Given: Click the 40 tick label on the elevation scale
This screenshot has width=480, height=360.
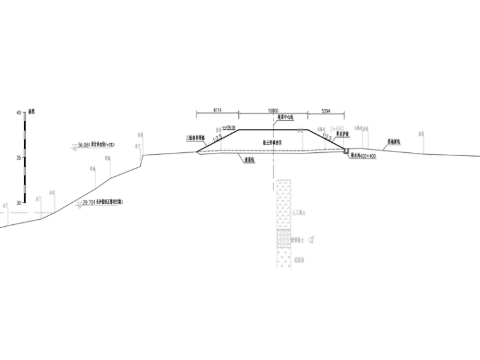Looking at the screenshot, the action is coord(18,112).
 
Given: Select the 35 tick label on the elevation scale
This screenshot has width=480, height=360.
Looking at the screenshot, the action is coord(18,158).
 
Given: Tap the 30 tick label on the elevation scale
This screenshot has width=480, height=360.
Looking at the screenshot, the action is coord(18,203).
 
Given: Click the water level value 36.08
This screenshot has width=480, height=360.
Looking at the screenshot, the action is coord(83,145).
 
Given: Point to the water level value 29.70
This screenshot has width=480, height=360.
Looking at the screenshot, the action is coord(88,203).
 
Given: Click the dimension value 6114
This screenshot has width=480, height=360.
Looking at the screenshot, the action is coord(217,110).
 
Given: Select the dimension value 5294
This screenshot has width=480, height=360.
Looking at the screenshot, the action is coord(325,110).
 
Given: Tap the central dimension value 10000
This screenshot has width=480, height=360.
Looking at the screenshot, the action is coord(273,110).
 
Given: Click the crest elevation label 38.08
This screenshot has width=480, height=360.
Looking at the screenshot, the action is coord(231,126).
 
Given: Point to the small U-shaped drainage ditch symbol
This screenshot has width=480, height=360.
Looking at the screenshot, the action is coord(345,151).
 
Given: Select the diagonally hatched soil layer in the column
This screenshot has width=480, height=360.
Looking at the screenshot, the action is coord(284,240).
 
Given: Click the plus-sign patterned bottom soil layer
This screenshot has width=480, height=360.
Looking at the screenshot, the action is coord(284,259).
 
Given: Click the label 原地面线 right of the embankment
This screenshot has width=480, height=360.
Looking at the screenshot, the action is coord(395,143).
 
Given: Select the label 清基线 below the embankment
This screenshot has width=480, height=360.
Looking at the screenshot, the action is coord(249,160).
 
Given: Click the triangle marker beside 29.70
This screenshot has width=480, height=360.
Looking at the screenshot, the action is coord(78,204).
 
